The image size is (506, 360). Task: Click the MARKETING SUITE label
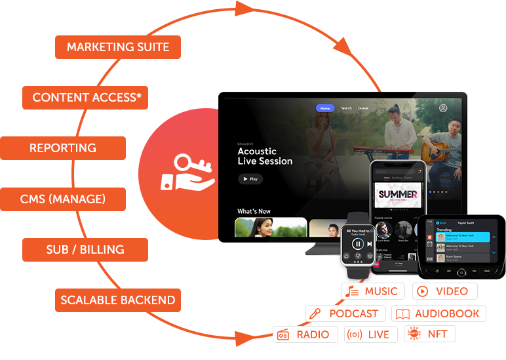[x=118, y=47]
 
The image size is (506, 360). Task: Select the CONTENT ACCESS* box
[x=85, y=98]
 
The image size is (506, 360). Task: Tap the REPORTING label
[x=63, y=148]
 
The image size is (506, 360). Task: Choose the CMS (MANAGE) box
[x=63, y=199]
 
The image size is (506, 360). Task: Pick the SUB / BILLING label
[x=85, y=250]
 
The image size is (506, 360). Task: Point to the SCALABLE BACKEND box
[x=118, y=300]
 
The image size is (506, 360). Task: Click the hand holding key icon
[x=187, y=172]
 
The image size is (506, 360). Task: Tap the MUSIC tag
[x=373, y=291]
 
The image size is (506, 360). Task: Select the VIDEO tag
[x=444, y=291]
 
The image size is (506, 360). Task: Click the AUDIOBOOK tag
[x=438, y=313]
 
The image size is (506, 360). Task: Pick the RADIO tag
[x=305, y=334]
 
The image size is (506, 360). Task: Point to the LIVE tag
[x=370, y=334]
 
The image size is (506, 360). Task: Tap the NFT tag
[x=429, y=334]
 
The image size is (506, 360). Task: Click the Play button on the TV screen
[x=250, y=178]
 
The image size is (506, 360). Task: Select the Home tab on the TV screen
[x=324, y=108]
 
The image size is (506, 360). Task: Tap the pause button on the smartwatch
[x=357, y=244]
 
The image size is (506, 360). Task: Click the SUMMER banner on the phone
[x=398, y=194]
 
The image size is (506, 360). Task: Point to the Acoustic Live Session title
[x=265, y=156]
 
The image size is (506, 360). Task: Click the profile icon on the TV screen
[x=444, y=108]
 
